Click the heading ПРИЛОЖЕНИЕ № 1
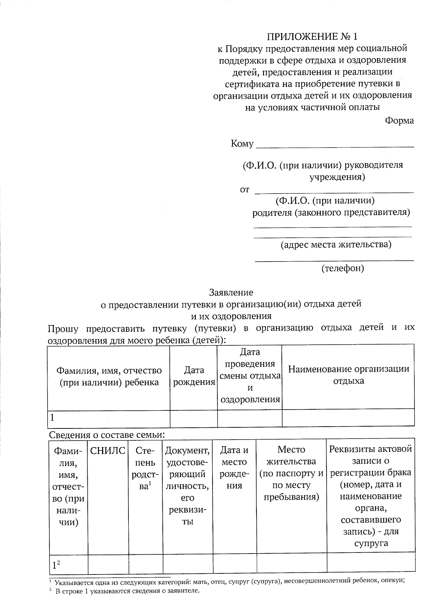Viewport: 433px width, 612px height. (312, 36)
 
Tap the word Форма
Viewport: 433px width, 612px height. (399, 121)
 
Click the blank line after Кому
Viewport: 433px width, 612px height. (334, 146)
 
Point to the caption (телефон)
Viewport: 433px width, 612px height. (342, 268)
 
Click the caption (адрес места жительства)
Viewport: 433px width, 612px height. (336, 245)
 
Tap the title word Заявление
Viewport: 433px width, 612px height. (231, 292)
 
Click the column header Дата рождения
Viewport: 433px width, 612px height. (194, 376)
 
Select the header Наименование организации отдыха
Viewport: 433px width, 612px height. (348, 375)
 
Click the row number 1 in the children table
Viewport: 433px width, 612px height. (53, 418)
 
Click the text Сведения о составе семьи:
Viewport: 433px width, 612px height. (106, 435)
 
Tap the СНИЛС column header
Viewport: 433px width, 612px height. (108, 450)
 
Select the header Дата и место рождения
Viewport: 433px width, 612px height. (234, 467)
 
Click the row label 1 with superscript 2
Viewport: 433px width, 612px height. (56, 565)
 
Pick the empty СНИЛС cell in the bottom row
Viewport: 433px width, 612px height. (108, 565)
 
